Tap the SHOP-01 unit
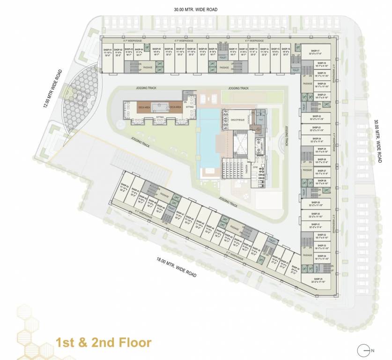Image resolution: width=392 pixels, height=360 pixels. coord(107,52)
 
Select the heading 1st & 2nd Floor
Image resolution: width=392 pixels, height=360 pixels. coord(103,342)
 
